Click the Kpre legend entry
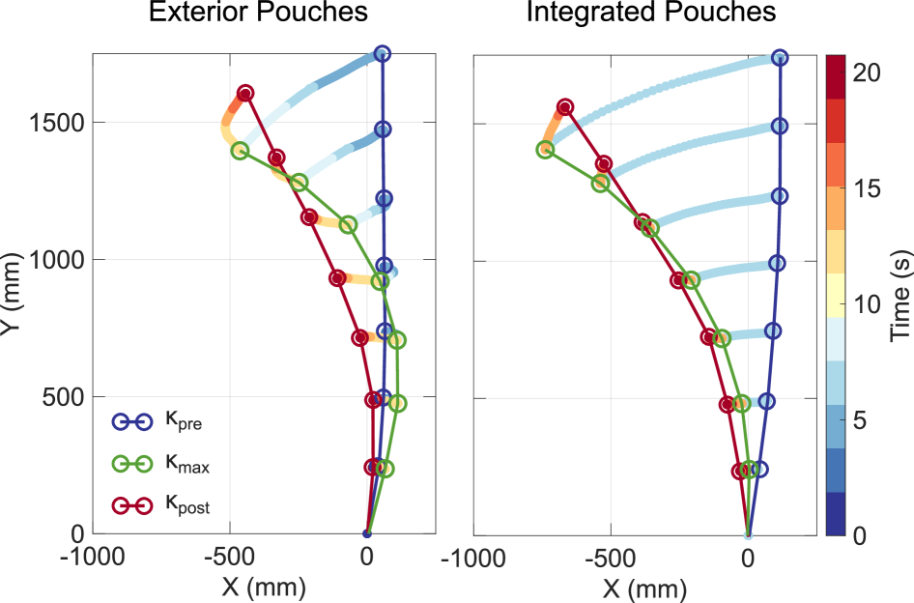158,422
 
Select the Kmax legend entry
158,465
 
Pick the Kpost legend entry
158,505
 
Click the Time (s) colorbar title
900,296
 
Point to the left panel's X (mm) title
263,586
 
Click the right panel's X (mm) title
643,586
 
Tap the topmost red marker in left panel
245,94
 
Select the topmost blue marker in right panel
780,58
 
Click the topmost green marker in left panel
240,151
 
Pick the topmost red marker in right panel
565,107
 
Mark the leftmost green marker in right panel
545,150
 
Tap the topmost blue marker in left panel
382,54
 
